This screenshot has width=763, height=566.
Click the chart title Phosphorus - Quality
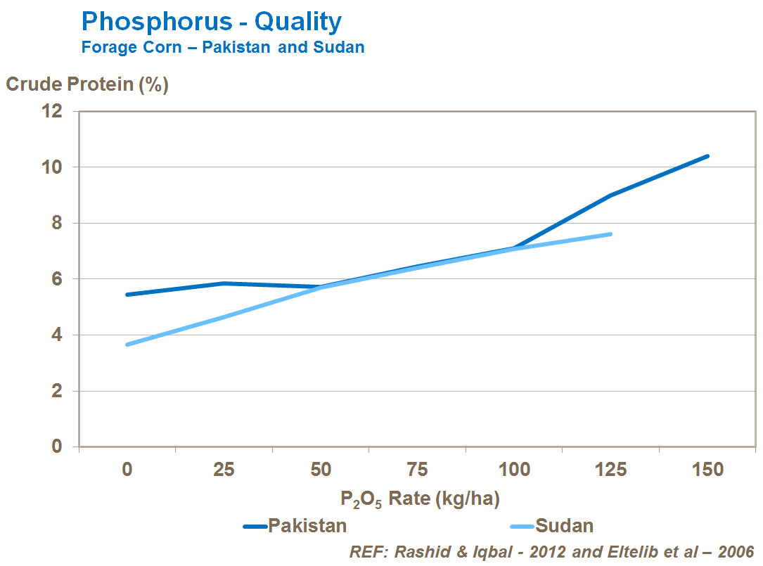[212, 22]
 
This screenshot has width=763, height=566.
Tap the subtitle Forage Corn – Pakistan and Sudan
[223, 48]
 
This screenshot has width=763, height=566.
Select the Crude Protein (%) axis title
[87, 85]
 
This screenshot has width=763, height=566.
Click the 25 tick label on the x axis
[224, 470]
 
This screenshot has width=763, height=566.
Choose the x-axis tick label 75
[418, 470]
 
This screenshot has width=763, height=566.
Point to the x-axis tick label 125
[611, 470]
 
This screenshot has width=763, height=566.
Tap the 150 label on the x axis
[707, 470]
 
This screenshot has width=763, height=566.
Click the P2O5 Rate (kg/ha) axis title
[420, 499]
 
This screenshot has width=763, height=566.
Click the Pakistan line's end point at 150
[707, 156]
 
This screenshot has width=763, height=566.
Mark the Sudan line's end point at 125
[610, 234]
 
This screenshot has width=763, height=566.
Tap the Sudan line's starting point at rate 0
[127, 345]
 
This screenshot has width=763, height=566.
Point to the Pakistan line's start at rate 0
[127, 295]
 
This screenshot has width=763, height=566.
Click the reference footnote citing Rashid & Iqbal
[551, 551]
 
